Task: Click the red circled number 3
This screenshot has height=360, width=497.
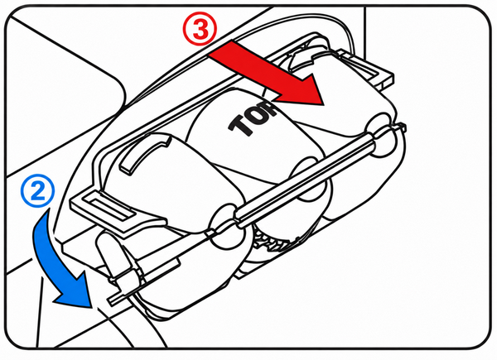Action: (200, 29)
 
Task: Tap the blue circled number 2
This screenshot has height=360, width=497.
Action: (38, 191)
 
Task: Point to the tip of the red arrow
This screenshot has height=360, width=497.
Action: (323, 104)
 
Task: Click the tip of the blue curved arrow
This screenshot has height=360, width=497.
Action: (91, 307)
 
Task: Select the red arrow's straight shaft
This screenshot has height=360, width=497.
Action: (250, 68)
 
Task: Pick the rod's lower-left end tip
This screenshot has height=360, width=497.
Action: (110, 301)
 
